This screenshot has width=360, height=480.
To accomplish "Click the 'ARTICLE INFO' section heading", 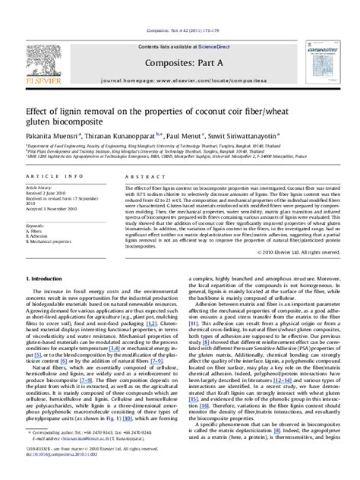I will (52, 176).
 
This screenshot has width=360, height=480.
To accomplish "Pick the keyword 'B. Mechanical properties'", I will (55, 242).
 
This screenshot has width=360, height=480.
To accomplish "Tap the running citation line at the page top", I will (180, 8).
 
